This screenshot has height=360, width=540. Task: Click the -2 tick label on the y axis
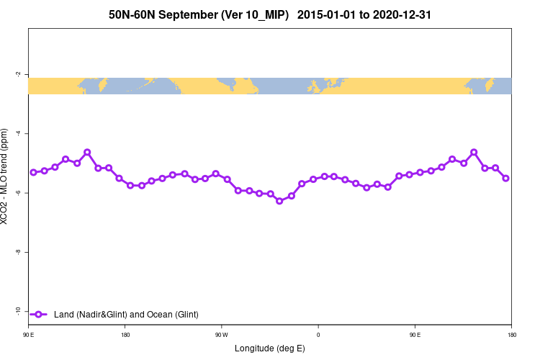[18, 74]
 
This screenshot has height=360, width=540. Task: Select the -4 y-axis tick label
[18, 133]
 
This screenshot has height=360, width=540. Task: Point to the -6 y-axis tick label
[18, 193]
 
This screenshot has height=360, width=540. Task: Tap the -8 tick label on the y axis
[18, 252]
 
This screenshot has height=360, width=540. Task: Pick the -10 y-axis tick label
[17, 311]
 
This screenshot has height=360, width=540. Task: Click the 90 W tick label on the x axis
[221, 335]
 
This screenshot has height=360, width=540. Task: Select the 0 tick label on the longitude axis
[318, 335]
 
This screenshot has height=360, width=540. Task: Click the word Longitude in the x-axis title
[254, 348]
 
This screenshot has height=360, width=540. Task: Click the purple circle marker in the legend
[40, 314]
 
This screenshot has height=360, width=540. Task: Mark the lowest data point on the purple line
[280, 201]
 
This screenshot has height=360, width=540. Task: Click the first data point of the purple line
[33, 172]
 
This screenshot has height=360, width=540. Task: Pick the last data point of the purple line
[506, 178]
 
